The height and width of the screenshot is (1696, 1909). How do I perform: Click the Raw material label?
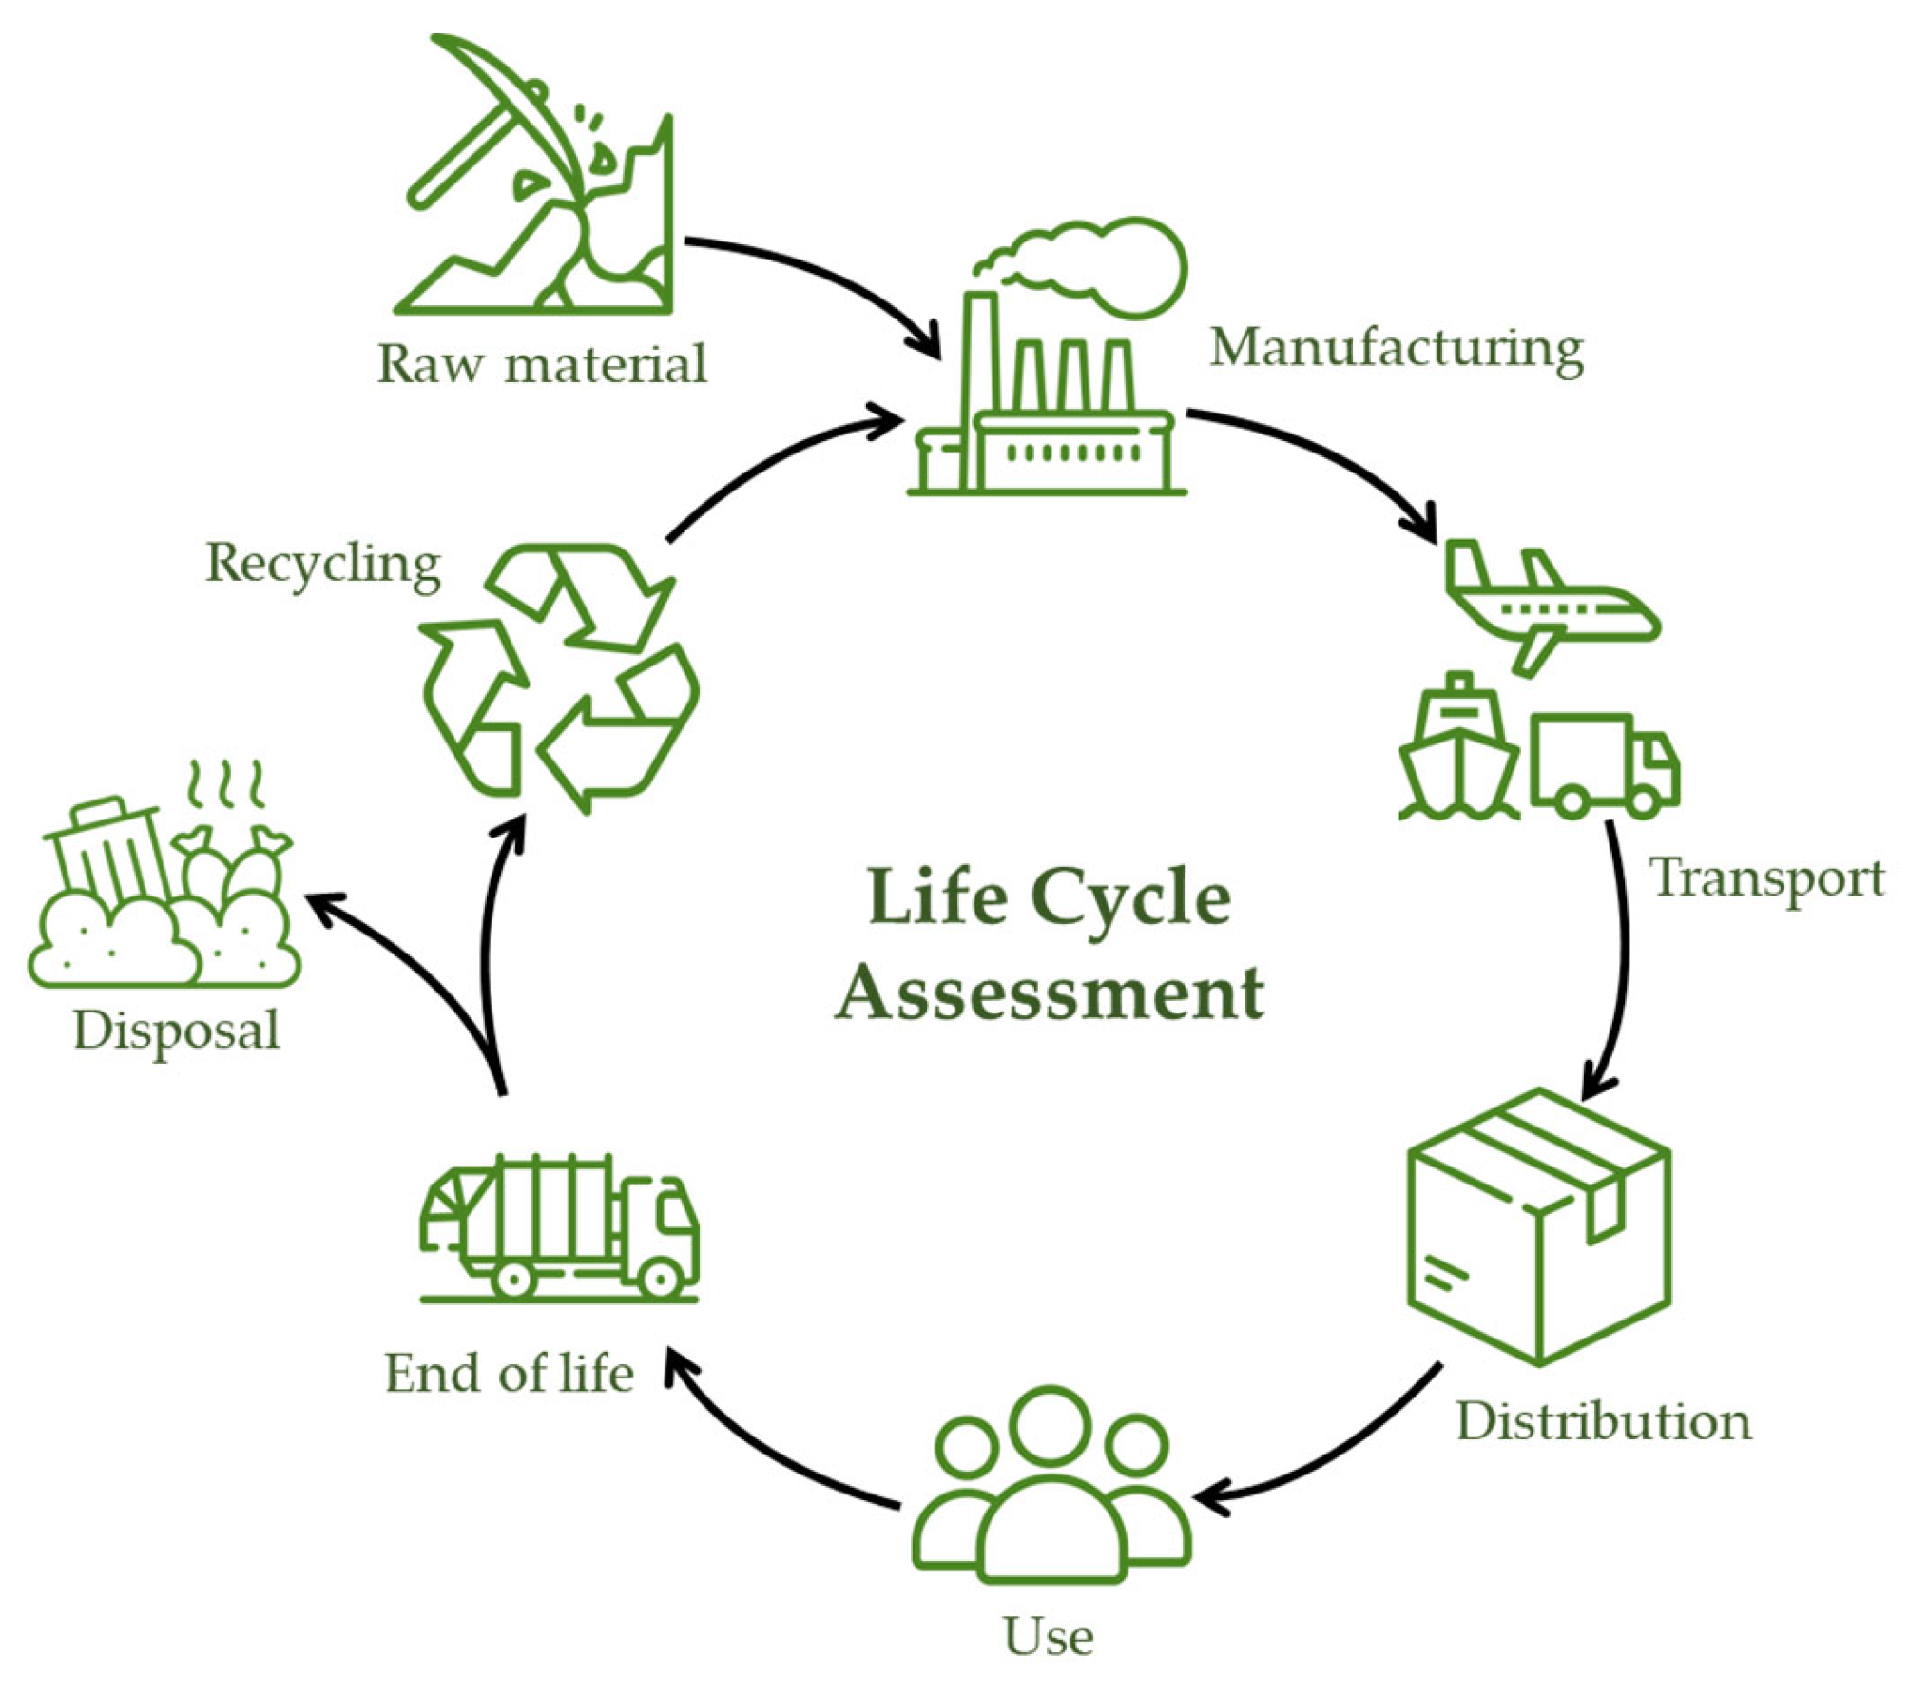click(x=542, y=364)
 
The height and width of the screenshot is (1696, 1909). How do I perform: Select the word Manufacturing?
click(x=1397, y=349)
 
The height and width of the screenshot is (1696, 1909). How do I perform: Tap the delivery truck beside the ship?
click(x=1603, y=765)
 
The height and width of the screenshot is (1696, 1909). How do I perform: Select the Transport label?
click(x=1767, y=878)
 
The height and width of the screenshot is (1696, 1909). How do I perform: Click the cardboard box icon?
click(x=1537, y=1227)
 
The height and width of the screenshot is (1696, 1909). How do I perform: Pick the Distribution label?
click(x=1604, y=1422)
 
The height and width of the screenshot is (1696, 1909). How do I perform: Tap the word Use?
click(x=1049, y=1637)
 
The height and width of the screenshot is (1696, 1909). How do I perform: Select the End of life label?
click(x=509, y=1374)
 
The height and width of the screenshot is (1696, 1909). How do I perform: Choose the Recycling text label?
click(x=323, y=564)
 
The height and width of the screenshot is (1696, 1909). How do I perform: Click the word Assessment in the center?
click(x=1050, y=993)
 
